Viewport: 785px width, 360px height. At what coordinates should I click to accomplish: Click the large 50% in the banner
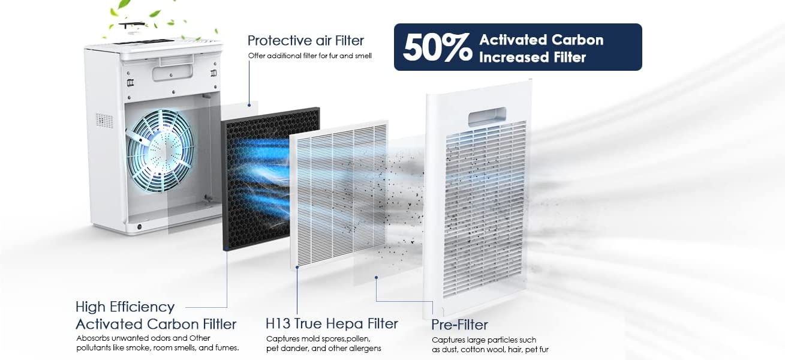click(438, 47)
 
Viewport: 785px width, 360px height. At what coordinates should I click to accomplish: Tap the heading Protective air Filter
click(306, 41)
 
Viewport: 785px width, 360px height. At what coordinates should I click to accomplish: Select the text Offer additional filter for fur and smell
click(310, 56)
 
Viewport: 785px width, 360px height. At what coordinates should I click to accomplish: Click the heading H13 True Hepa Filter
click(332, 323)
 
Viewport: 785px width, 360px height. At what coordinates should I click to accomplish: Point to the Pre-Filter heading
click(459, 325)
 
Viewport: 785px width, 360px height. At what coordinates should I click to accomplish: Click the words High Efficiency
click(125, 307)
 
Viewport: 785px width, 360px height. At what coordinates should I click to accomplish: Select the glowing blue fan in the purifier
click(160, 151)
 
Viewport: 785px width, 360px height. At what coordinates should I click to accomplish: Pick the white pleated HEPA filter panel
click(339, 195)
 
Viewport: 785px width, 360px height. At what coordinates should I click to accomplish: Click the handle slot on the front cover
click(487, 117)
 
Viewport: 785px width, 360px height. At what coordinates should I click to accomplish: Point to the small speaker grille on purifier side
click(104, 121)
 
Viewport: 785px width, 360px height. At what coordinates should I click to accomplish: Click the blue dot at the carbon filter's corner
click(227, 248)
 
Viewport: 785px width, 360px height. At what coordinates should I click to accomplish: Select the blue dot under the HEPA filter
click(297, 267)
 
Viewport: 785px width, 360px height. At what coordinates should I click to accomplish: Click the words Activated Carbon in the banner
click(541, 40)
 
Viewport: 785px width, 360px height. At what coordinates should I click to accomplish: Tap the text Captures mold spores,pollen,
click(318, 339)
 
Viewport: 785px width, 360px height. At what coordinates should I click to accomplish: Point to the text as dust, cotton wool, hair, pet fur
click(490, 349)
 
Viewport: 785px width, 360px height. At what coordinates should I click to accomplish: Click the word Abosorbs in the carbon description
click(93, 338)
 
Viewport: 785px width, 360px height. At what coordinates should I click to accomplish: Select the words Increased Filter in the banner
click(533, 58)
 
